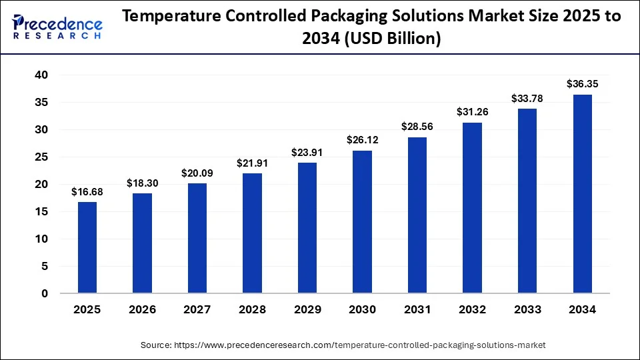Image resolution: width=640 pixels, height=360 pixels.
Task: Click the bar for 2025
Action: [x=87, y=247]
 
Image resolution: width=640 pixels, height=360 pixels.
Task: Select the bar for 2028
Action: [x=252, y=233]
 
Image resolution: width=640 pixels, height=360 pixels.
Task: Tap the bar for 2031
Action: [x=417, y=215]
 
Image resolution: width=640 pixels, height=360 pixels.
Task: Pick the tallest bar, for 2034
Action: [x=582, y=194]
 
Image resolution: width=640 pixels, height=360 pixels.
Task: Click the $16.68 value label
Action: [x=87, y=193]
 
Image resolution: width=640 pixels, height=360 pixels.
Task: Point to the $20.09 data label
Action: [x=197, y=173]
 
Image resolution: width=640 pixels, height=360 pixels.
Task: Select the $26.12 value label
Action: [x=362, y=140]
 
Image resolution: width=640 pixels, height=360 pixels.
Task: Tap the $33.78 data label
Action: [x=527, y=99]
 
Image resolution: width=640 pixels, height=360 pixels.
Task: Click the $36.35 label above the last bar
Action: [x=582, y=84]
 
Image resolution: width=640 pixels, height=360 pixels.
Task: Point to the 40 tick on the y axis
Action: [x=41, y=75]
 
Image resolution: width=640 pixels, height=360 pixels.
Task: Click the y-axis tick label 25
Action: [x=41, y=157]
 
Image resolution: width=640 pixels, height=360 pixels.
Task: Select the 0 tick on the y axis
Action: [x=45, y=293]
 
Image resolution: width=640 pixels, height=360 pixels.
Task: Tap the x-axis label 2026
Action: [x=143, y=310]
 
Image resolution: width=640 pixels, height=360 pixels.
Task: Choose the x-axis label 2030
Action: [x=362, y=310]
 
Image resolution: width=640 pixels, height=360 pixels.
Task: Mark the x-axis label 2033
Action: [x=527, y=310]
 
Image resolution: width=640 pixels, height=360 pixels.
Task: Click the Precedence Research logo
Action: [x=57, y=27]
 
